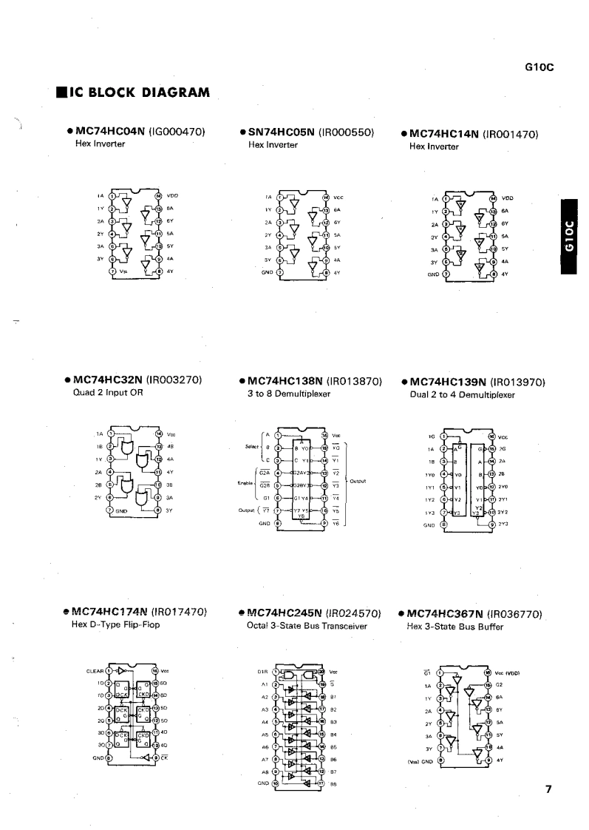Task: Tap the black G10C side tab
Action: click(571, 237)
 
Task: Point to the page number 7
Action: click(548, 789)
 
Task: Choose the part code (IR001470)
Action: click(510, 135)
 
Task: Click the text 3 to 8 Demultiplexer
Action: click(288, 394)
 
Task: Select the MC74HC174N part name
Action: click(106, 613)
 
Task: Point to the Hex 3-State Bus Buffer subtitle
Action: click(455, 626)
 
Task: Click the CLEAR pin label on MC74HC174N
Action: click(95, 671)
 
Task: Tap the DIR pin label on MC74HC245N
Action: click(262, 672)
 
